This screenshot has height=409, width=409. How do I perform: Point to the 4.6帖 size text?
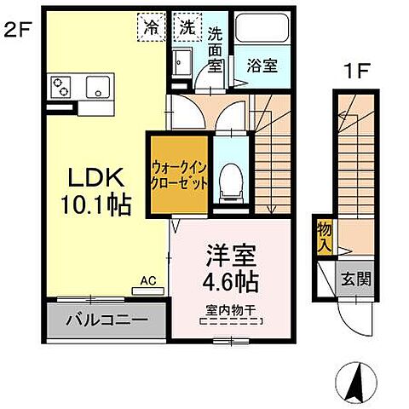(x=230, y=279)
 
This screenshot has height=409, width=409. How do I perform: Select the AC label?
(x=147, y=279)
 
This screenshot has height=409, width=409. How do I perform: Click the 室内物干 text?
(x=230, y=310)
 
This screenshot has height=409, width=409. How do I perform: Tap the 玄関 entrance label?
(x=356, y=279)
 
